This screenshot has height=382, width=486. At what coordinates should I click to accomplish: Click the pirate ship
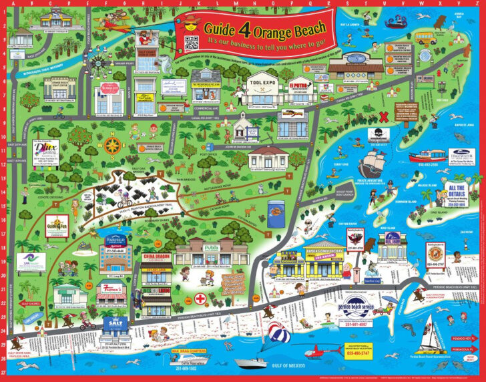[x=371, y=162]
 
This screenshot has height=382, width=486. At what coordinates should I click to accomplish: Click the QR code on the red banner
[x=192, y=43]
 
